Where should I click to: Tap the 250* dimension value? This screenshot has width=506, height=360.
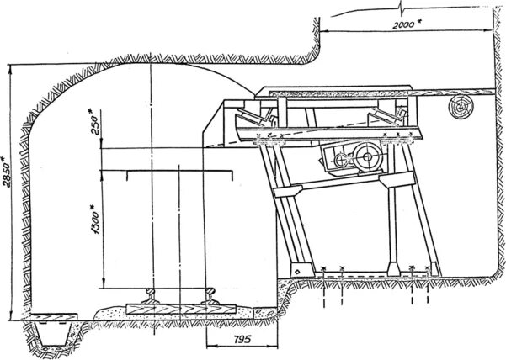(x=93, y=124)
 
